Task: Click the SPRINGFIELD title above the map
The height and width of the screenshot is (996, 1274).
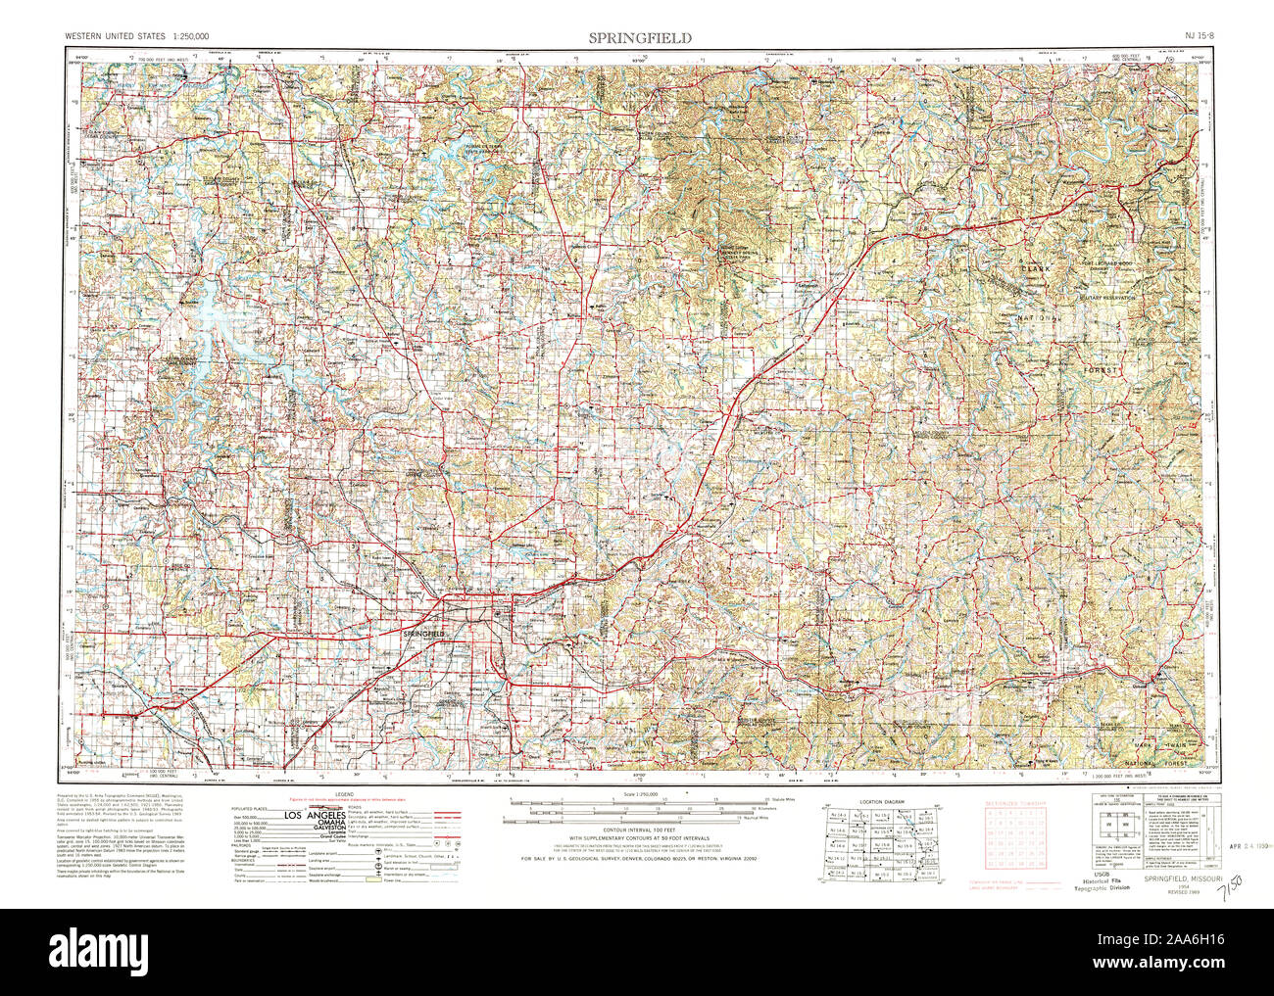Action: click(640, 37)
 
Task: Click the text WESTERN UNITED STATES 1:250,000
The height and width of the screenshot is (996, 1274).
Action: click(136, 37)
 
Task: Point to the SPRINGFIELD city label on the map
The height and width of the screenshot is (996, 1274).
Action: click(424, 635)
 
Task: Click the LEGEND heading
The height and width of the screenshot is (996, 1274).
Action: click(344, 793)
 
